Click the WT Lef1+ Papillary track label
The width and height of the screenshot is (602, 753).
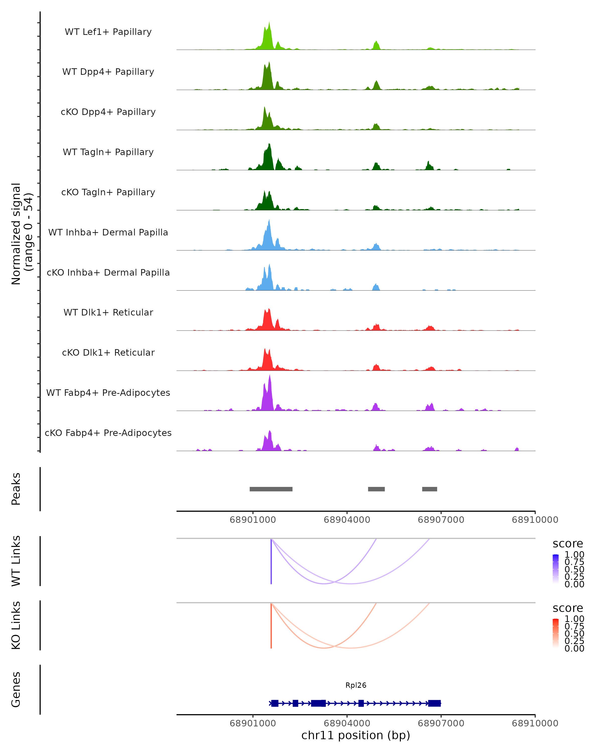(x=108, y=32)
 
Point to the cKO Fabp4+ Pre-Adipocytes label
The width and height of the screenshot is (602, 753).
(x=108, y=433)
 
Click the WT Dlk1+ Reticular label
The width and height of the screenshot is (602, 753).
(x=108, y=312)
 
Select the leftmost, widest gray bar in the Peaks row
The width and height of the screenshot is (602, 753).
(x=271, y=489)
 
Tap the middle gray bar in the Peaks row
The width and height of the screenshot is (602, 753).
(x=376, y=489)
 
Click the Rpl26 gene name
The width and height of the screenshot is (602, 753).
(x=356, y=685)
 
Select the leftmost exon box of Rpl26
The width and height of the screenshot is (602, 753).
(x=275, y=703)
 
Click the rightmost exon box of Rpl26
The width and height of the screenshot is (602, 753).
(x=434, y=703)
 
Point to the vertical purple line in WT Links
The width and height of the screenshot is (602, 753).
(x=271, y=562)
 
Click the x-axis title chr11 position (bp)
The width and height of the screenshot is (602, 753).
(x=356, y=735)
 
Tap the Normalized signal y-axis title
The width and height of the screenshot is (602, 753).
(x=22, y=234)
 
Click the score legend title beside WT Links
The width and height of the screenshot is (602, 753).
(x=568, y=544)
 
